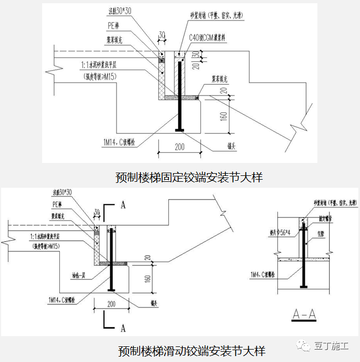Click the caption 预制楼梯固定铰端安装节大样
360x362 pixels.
189,176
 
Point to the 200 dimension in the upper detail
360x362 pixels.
180,147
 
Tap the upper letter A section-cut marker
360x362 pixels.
124,205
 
